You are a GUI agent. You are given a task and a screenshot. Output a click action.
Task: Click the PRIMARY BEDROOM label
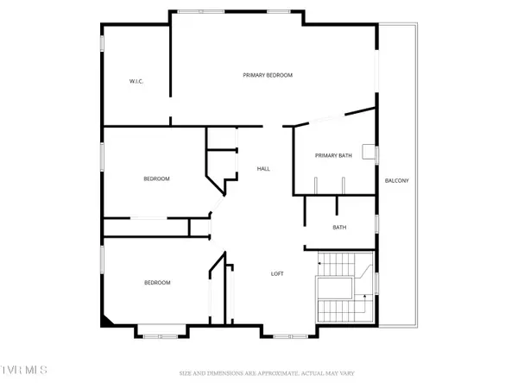[x=268, y=75]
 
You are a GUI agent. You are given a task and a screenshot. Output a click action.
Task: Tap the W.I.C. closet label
[x=136, y=81]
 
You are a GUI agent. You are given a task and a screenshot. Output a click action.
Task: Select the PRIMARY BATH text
[x=333, y=155]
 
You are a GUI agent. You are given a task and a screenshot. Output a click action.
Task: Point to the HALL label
[x=263, y=169]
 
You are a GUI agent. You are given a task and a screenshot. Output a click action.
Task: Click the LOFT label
[x=277, y=273]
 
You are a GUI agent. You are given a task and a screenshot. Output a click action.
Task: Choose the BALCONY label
[x=397, y=180]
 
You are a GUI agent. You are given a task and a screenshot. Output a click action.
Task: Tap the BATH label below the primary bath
[x=339, y=228]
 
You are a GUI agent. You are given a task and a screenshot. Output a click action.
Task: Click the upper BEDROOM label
[x=156, y=178]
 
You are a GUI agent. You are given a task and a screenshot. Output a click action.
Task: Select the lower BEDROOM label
[x=157, y=283]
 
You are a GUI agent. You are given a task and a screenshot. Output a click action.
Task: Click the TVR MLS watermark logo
[x=23, y=370]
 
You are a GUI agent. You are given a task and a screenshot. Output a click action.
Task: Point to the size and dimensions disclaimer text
[x=267, y=373]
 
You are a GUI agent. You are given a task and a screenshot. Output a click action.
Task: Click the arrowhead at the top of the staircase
[x=319, y=263]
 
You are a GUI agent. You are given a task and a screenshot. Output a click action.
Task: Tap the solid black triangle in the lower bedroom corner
[x=107, y=321]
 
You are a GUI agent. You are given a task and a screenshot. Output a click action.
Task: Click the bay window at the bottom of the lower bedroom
[x=161, y=336]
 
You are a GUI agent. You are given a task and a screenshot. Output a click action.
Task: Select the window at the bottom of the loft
[x=291, y=336]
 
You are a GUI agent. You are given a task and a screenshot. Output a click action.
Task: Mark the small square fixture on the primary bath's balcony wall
[x=369, y=152]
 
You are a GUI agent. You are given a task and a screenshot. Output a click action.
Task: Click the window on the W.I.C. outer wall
[x=102, y=43]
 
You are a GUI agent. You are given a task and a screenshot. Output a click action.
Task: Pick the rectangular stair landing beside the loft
[x=335, y=288]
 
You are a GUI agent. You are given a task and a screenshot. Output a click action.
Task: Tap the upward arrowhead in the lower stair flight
[x=364, y=297]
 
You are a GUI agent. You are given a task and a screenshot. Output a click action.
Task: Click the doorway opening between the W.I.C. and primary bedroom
[x=170, y=107]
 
